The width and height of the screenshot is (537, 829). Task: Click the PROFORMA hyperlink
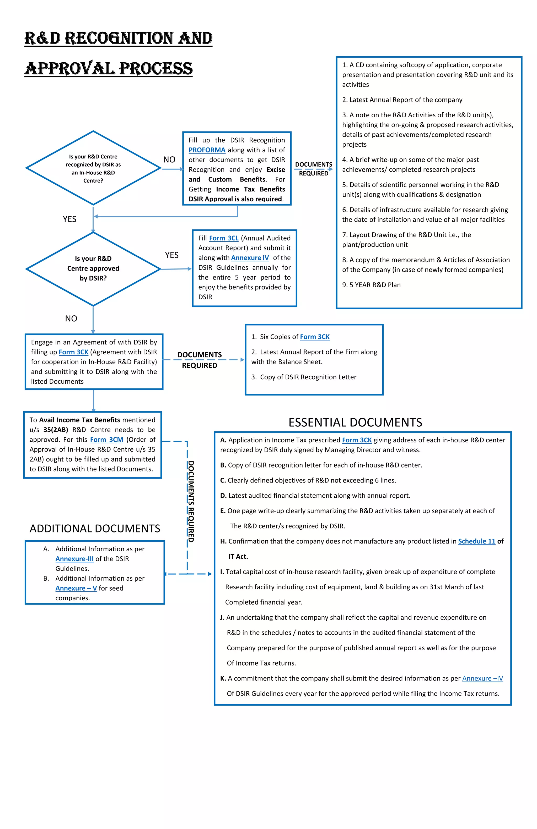pyautogui.click(x=207, y=150)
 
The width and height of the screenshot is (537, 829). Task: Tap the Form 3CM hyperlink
pyautogui.click(x=106, y=440)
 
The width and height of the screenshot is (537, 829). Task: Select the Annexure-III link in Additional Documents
pyautogui.click(x=74, y=559)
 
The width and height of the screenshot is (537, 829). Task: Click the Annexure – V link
pyautogui.click(x=76, y=588)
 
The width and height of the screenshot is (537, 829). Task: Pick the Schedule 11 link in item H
pyautogui.click(x=476, y=541)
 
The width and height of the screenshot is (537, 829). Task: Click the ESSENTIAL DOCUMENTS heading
pyautogui.click(x=355, y=422)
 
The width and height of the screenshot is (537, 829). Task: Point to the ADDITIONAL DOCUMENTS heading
pyautogui.click(x=95, y=528)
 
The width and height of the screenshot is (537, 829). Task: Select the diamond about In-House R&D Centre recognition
pyautogui.click(x=93, y=168)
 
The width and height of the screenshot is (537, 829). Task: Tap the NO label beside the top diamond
pyautogui.click(x=169, y=160)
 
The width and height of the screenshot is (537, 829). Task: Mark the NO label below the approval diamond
pyautogui.click(x=71, y=318)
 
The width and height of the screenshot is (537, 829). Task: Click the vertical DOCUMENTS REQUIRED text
pyautogui.click(x=191, y=502)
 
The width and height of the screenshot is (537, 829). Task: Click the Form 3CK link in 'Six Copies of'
pyautogui.click(x=315, y=337)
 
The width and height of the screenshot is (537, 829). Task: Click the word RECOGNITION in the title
pyautogui.click(x=119, y=38)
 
